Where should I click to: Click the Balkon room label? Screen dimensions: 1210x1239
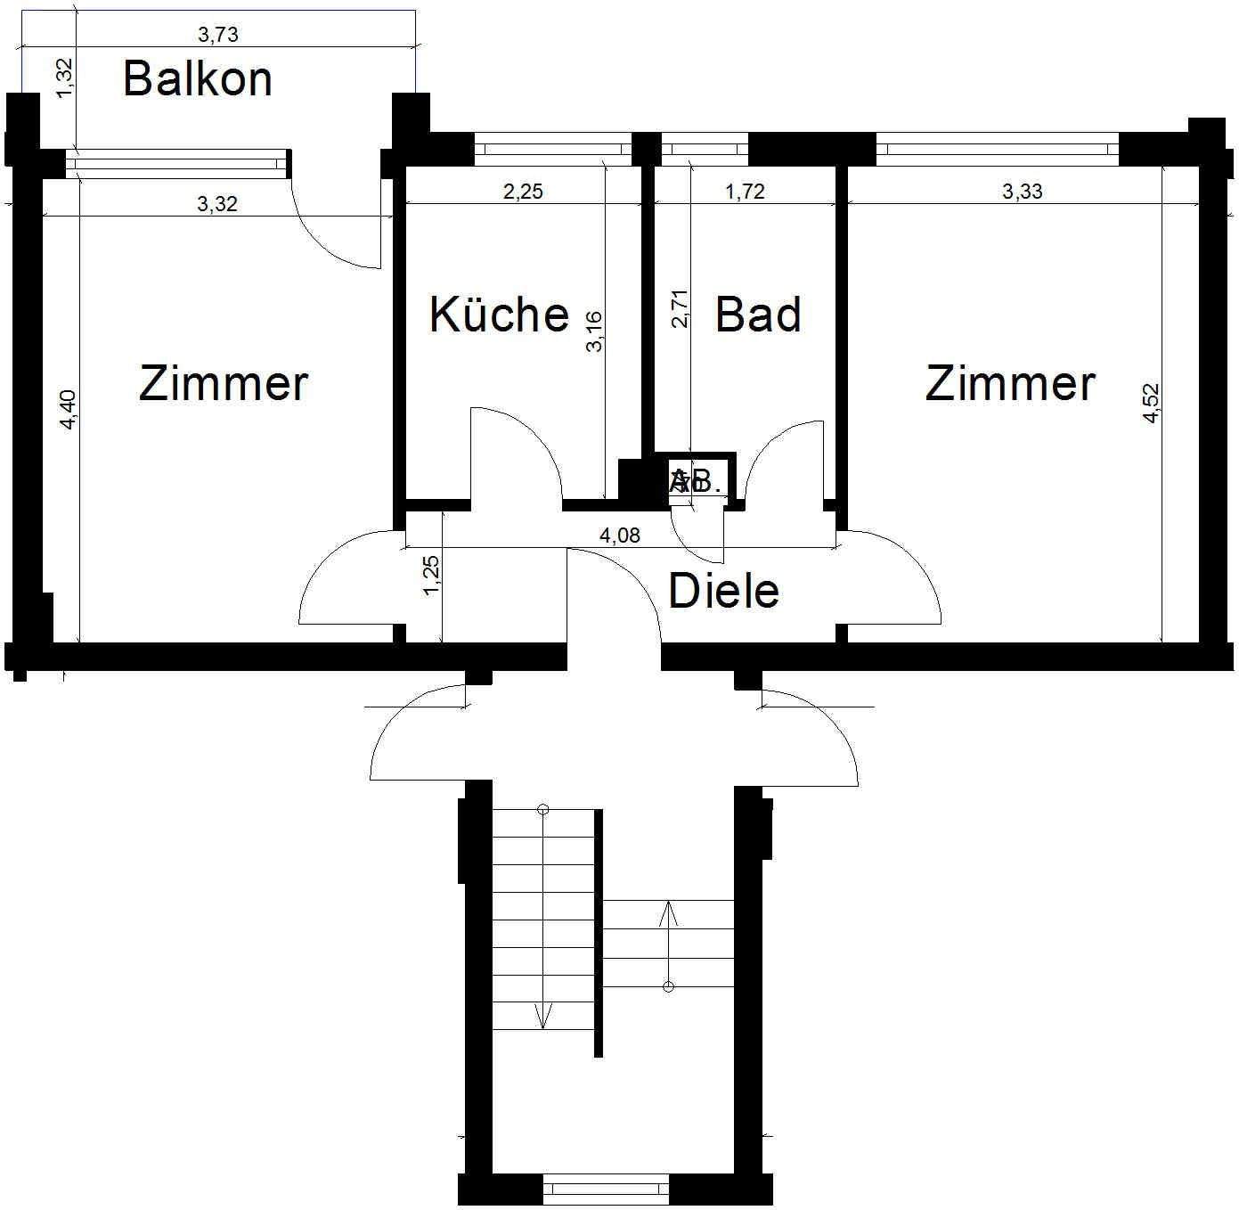click(x=197, y=78)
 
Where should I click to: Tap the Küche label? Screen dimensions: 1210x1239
click(x=499, y=315)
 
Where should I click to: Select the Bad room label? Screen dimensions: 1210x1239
click(x=758, y=315)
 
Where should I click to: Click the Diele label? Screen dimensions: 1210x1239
click(x=723, y=591)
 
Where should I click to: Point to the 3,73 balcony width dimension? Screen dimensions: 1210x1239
click(x=218, y=35)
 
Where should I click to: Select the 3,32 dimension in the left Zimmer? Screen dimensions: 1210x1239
click(x=217, y=204)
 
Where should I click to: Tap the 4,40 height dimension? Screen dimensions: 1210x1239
click(x=69, y=410)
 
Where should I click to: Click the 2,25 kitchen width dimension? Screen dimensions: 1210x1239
click(x=523, y=192)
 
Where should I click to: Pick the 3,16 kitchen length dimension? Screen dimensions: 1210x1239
click(x=594, y=331)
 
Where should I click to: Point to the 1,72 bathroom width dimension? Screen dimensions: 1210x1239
click(x=745, y=192)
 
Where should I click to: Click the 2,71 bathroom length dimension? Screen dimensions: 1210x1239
click(x=680, y=308)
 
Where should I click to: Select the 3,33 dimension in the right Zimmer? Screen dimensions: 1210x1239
click(x=1022, y=192)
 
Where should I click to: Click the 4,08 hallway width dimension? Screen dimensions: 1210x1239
click(x=619, y=536)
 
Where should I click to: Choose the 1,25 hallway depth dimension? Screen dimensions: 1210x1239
click(x=432, y=576)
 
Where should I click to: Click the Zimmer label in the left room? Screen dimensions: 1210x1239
click(x=224, y=384)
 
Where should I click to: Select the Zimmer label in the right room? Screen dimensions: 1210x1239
click(x=1010, y=384)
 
